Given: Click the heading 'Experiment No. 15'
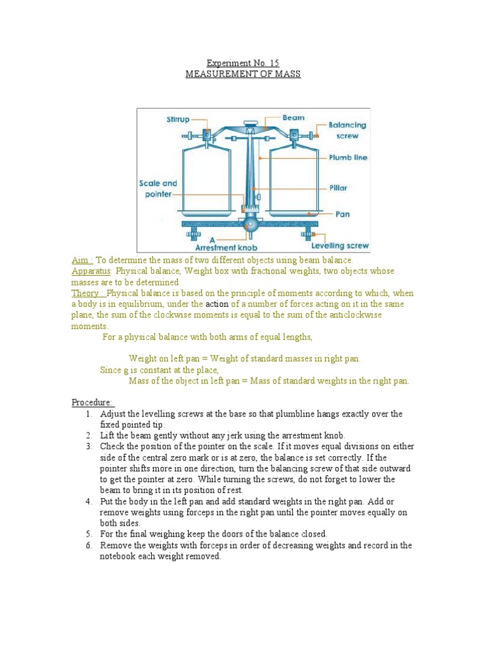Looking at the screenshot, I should [x=243, y=63].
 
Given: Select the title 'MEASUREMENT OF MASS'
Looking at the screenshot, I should [x=243, y=74].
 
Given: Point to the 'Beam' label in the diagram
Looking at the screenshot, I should [x=293, y=117].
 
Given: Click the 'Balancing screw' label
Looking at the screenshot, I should [x=347, y=130].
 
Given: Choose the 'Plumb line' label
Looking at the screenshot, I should [x=348, y=157].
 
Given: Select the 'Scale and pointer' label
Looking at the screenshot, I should [x=158, y=189].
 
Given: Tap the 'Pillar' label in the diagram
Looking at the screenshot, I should [x=339, y=188].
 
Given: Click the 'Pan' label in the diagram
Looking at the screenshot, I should [x=342, y=214].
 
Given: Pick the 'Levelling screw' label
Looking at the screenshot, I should [x=340, y=246].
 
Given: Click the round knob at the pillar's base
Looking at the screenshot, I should [x=252, y=225].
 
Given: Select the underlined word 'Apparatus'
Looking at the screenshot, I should [x=91, y=271].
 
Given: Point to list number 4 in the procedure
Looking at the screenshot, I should [x=89, y=502].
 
